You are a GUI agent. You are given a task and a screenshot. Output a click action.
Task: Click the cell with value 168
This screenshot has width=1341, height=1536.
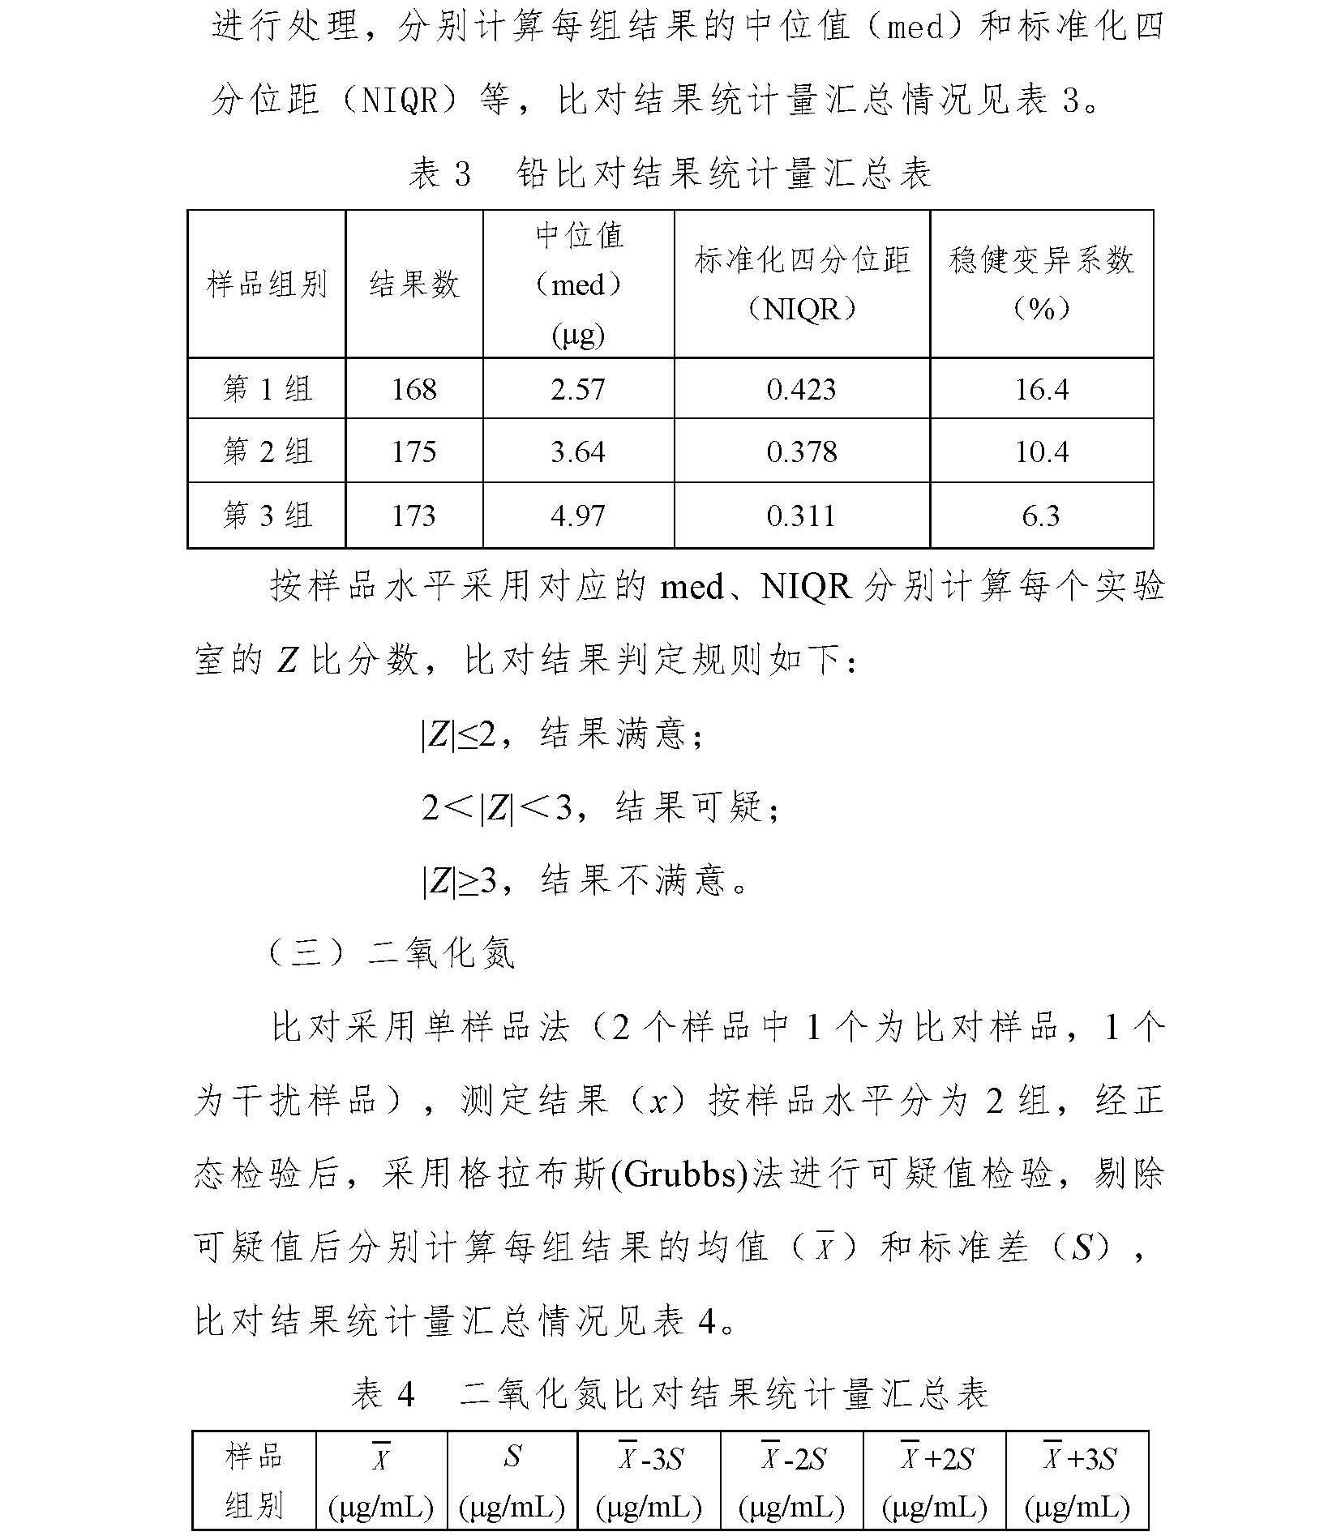click(x=413, y=389)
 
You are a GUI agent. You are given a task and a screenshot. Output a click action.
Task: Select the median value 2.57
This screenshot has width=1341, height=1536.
click(x=577, y=389)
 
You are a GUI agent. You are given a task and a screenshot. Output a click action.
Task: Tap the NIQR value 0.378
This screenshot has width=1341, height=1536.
click(x=801, y=451)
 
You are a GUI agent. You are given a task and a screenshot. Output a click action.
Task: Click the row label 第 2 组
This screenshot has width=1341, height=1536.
click(x=267, y=451)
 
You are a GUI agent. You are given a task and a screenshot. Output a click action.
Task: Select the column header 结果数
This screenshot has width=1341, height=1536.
click(x=413, y=285)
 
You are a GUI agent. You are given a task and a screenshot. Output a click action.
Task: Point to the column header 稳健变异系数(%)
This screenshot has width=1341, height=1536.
click(x=1041, y=283)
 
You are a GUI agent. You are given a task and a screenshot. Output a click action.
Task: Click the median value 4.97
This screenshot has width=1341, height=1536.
click(x=577, y=516)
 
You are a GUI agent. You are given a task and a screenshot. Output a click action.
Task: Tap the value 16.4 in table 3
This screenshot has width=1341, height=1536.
click(x=1041, y=389)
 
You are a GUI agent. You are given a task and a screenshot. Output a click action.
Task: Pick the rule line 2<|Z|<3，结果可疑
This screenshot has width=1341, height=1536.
click(x=600, y=807)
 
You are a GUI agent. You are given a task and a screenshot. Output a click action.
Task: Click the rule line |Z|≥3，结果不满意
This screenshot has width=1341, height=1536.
click(x=584, y=879)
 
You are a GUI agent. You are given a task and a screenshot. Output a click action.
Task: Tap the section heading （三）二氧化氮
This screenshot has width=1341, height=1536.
click(x=392, y=952)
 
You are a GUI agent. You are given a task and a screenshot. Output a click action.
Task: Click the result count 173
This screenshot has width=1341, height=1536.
click(x=413, y=516)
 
